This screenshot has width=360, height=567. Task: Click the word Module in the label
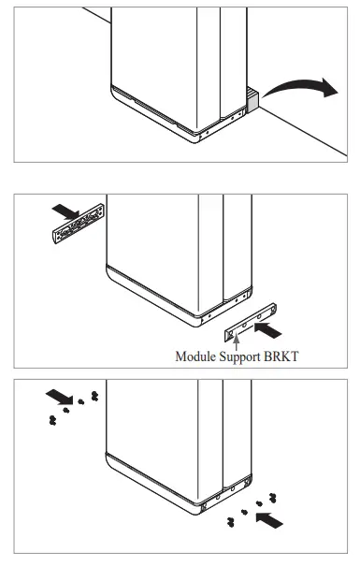coord(194,356)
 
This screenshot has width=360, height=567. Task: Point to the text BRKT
coord(281,356)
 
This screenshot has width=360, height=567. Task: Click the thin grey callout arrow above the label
coord(237,342)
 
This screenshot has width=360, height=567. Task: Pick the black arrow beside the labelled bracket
coord(267,330)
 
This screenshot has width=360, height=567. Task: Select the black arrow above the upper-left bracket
coord(65,211)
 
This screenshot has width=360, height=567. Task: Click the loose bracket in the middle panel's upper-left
coord(79,224)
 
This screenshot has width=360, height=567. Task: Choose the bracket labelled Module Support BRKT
coord(251,322)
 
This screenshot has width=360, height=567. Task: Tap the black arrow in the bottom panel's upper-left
coord(60,397)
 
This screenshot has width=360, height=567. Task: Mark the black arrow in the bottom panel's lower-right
coord(269,519)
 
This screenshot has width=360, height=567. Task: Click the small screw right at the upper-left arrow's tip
coord(81,401)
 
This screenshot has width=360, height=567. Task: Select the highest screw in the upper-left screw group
coord(94,396)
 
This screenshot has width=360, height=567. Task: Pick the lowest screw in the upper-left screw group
coord(52,420)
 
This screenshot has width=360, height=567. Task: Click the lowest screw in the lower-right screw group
coord(231,522)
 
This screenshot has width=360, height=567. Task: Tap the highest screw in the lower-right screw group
coord(273,498)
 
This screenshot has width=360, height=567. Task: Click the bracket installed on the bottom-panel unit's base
coord(226,494)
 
